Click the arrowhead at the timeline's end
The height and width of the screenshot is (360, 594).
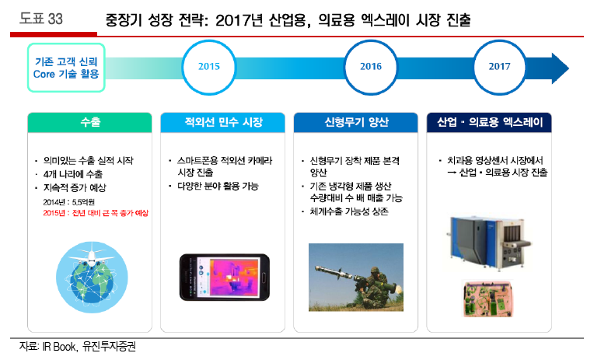[x=560, y=68]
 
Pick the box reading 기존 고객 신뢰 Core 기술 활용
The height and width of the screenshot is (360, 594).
[x=66, y=68]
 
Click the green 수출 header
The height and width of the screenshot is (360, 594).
[x=89, y=122]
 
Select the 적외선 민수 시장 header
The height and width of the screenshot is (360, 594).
[x=222, y=122]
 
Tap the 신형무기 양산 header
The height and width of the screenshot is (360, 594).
[x=356, y=122]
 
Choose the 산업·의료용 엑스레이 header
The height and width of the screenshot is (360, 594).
[x=489, y=122]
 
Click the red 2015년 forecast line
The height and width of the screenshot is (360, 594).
[x=96, y=213]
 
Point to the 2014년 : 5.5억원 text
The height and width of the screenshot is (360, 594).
[x=69, y=202]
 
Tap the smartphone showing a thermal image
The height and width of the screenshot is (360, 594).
[x=225, y=278]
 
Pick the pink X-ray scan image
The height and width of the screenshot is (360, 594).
[x=488, y=299]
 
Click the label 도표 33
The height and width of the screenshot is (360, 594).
[x=41, y=19]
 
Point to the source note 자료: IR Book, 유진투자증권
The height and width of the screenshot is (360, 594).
[x=78, y=346]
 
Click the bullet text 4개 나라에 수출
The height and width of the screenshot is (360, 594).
[x=73, y=174]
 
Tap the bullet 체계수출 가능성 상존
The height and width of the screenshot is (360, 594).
[x=349, y=211]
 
